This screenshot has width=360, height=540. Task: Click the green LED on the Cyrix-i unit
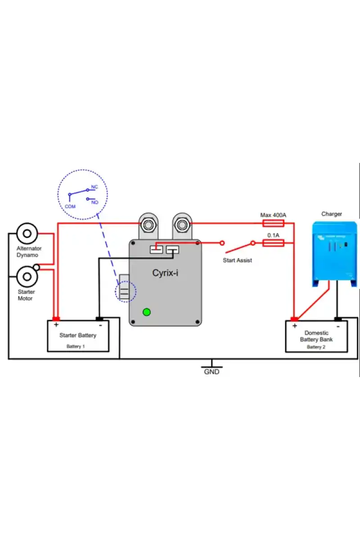[x=146, y=311]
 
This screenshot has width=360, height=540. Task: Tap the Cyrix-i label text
[x=165, y=272]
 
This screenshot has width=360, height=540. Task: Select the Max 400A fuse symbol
[x=273, y=223]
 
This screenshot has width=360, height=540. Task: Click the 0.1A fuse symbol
[x=273, y=243]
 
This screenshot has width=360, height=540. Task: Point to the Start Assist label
[x=237, y=261]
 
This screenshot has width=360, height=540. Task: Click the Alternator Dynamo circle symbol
[x=27, y=234]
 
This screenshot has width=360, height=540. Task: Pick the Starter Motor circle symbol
[x=27, y=276]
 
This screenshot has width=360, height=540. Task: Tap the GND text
[x=211, y=372]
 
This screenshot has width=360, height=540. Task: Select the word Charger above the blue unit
[x=332, y=214]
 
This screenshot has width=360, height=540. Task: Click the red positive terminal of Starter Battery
[x=56, y=319]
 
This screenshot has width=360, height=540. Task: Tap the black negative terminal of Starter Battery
[x=100, y=319]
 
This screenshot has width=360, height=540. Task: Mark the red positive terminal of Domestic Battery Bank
[x=294, y=319]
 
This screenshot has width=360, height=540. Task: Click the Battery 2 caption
[x=316, y=347]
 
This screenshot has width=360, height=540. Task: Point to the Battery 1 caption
[x=76, y=346]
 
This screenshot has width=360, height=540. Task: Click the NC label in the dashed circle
[x=94, y=187]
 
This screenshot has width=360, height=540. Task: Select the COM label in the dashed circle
[x=70, y=206]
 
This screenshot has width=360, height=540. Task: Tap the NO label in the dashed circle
[x=94, y=202]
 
